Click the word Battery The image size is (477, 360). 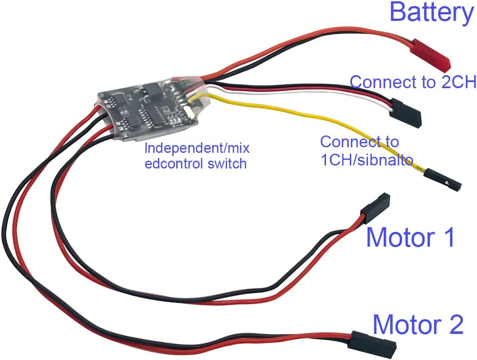431,13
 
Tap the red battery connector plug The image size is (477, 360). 430,55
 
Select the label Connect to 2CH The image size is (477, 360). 413,82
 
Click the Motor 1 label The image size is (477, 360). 410,237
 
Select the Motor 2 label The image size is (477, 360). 418,324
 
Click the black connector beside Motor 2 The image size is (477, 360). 375,341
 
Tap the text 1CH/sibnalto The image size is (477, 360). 366,160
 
